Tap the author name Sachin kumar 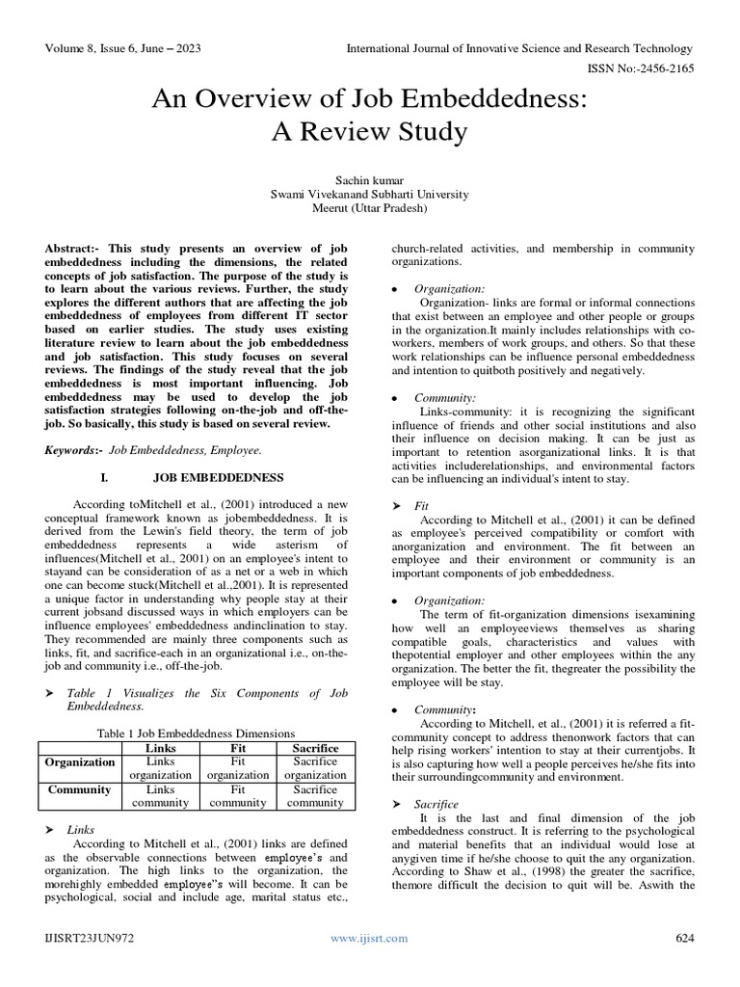(371, 178)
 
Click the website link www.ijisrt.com (369, 938)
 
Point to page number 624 (685, 938)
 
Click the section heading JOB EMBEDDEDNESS (218, 477)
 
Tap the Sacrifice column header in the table (314, 748)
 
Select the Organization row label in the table (79, 761)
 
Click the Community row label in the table (79, 788)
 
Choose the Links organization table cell (160, 768)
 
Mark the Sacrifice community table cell (314, 795)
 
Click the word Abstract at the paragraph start (70, 248)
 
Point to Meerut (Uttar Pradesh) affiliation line (371, 207)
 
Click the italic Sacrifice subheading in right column (436, 804)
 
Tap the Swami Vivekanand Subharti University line (371, 193)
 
